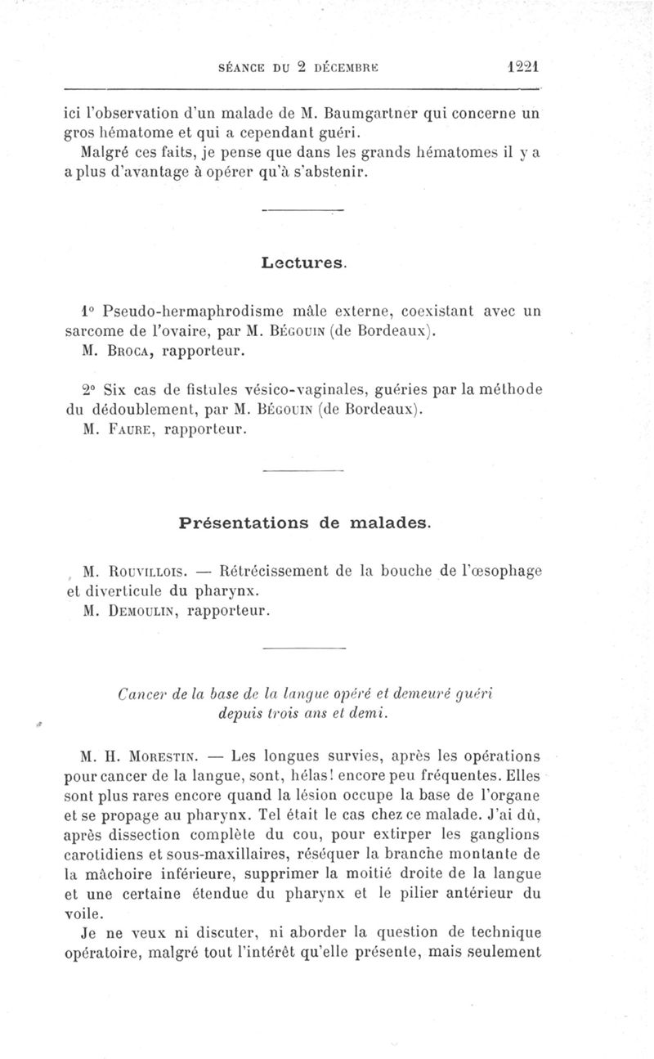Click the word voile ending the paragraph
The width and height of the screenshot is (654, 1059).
83,911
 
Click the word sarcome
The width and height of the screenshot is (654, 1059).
96,332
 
